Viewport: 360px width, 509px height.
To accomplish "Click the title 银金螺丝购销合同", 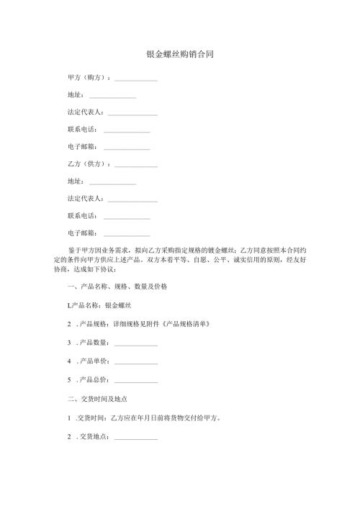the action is [x=179, y=54].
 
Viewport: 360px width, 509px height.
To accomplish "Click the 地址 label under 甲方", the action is [x=74, y=95].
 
